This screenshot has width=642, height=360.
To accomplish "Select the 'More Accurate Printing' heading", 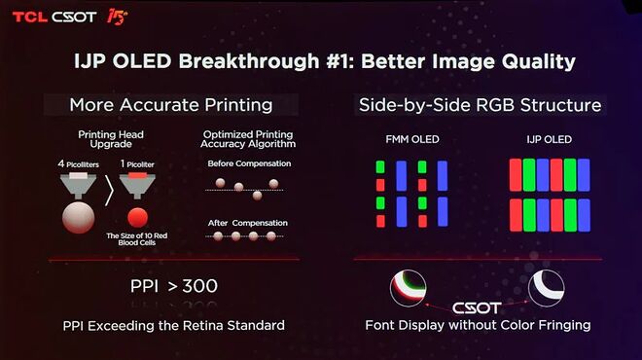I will tap(170, 104).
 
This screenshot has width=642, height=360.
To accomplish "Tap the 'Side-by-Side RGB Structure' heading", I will tap(480, 104).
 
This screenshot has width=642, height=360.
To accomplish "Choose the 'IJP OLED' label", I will tap(550, 140).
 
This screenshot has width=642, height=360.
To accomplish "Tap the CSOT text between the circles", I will tap(477, 307).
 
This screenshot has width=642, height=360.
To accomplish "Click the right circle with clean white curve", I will tap(546, 288).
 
